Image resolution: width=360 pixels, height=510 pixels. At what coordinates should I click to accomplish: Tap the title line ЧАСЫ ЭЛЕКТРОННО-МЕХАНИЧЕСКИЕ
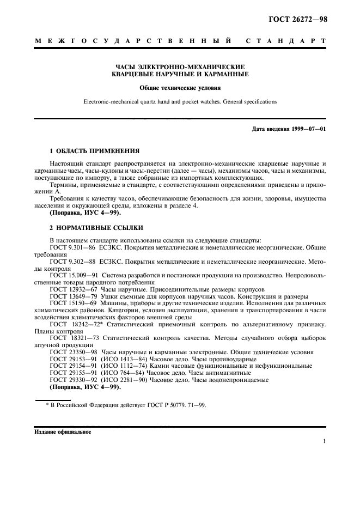(180, 66)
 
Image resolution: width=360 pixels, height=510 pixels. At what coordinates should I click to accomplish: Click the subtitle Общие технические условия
(180, 87)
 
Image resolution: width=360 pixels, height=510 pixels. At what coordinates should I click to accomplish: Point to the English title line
(180, 101)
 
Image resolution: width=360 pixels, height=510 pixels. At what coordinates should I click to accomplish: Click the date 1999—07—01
(307, 129)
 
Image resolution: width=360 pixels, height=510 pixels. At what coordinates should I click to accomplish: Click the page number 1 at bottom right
(324, 442)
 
